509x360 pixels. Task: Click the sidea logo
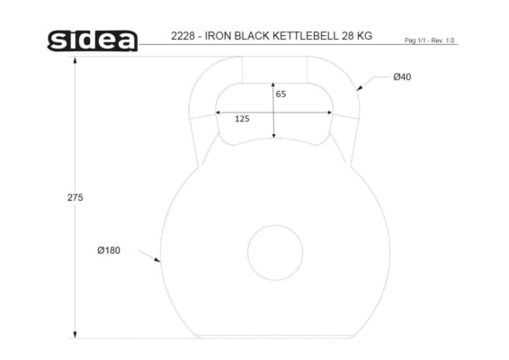tap(93, 40)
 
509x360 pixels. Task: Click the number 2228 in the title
tap(183, 36)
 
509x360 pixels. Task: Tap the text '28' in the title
tap(347, 36)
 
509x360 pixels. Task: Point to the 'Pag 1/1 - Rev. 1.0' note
tap(429, 40)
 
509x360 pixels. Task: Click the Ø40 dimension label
tap(402, 77)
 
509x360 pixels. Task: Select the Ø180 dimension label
tap(109, 250)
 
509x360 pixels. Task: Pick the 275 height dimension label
tap(75, 197)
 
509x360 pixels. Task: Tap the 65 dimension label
tap(281, 94)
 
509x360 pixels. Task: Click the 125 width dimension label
tap(242, 119)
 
